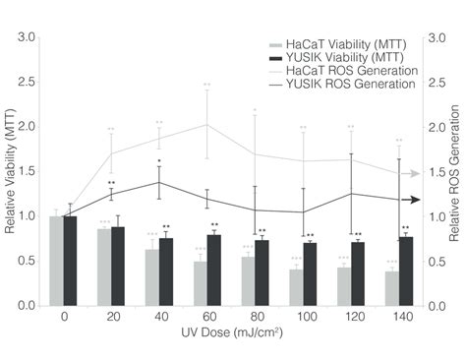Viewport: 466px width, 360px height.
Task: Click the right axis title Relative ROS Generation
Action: coord(455,173)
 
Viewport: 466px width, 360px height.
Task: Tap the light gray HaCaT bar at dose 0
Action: coord(56,261)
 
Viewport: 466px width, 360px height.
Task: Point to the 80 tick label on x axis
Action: coord(256,319)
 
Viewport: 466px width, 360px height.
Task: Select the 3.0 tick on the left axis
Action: coord(28,37)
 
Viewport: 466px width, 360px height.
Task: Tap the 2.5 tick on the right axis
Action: coord(434,83)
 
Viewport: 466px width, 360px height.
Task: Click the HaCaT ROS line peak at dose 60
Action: coord(207,124)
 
